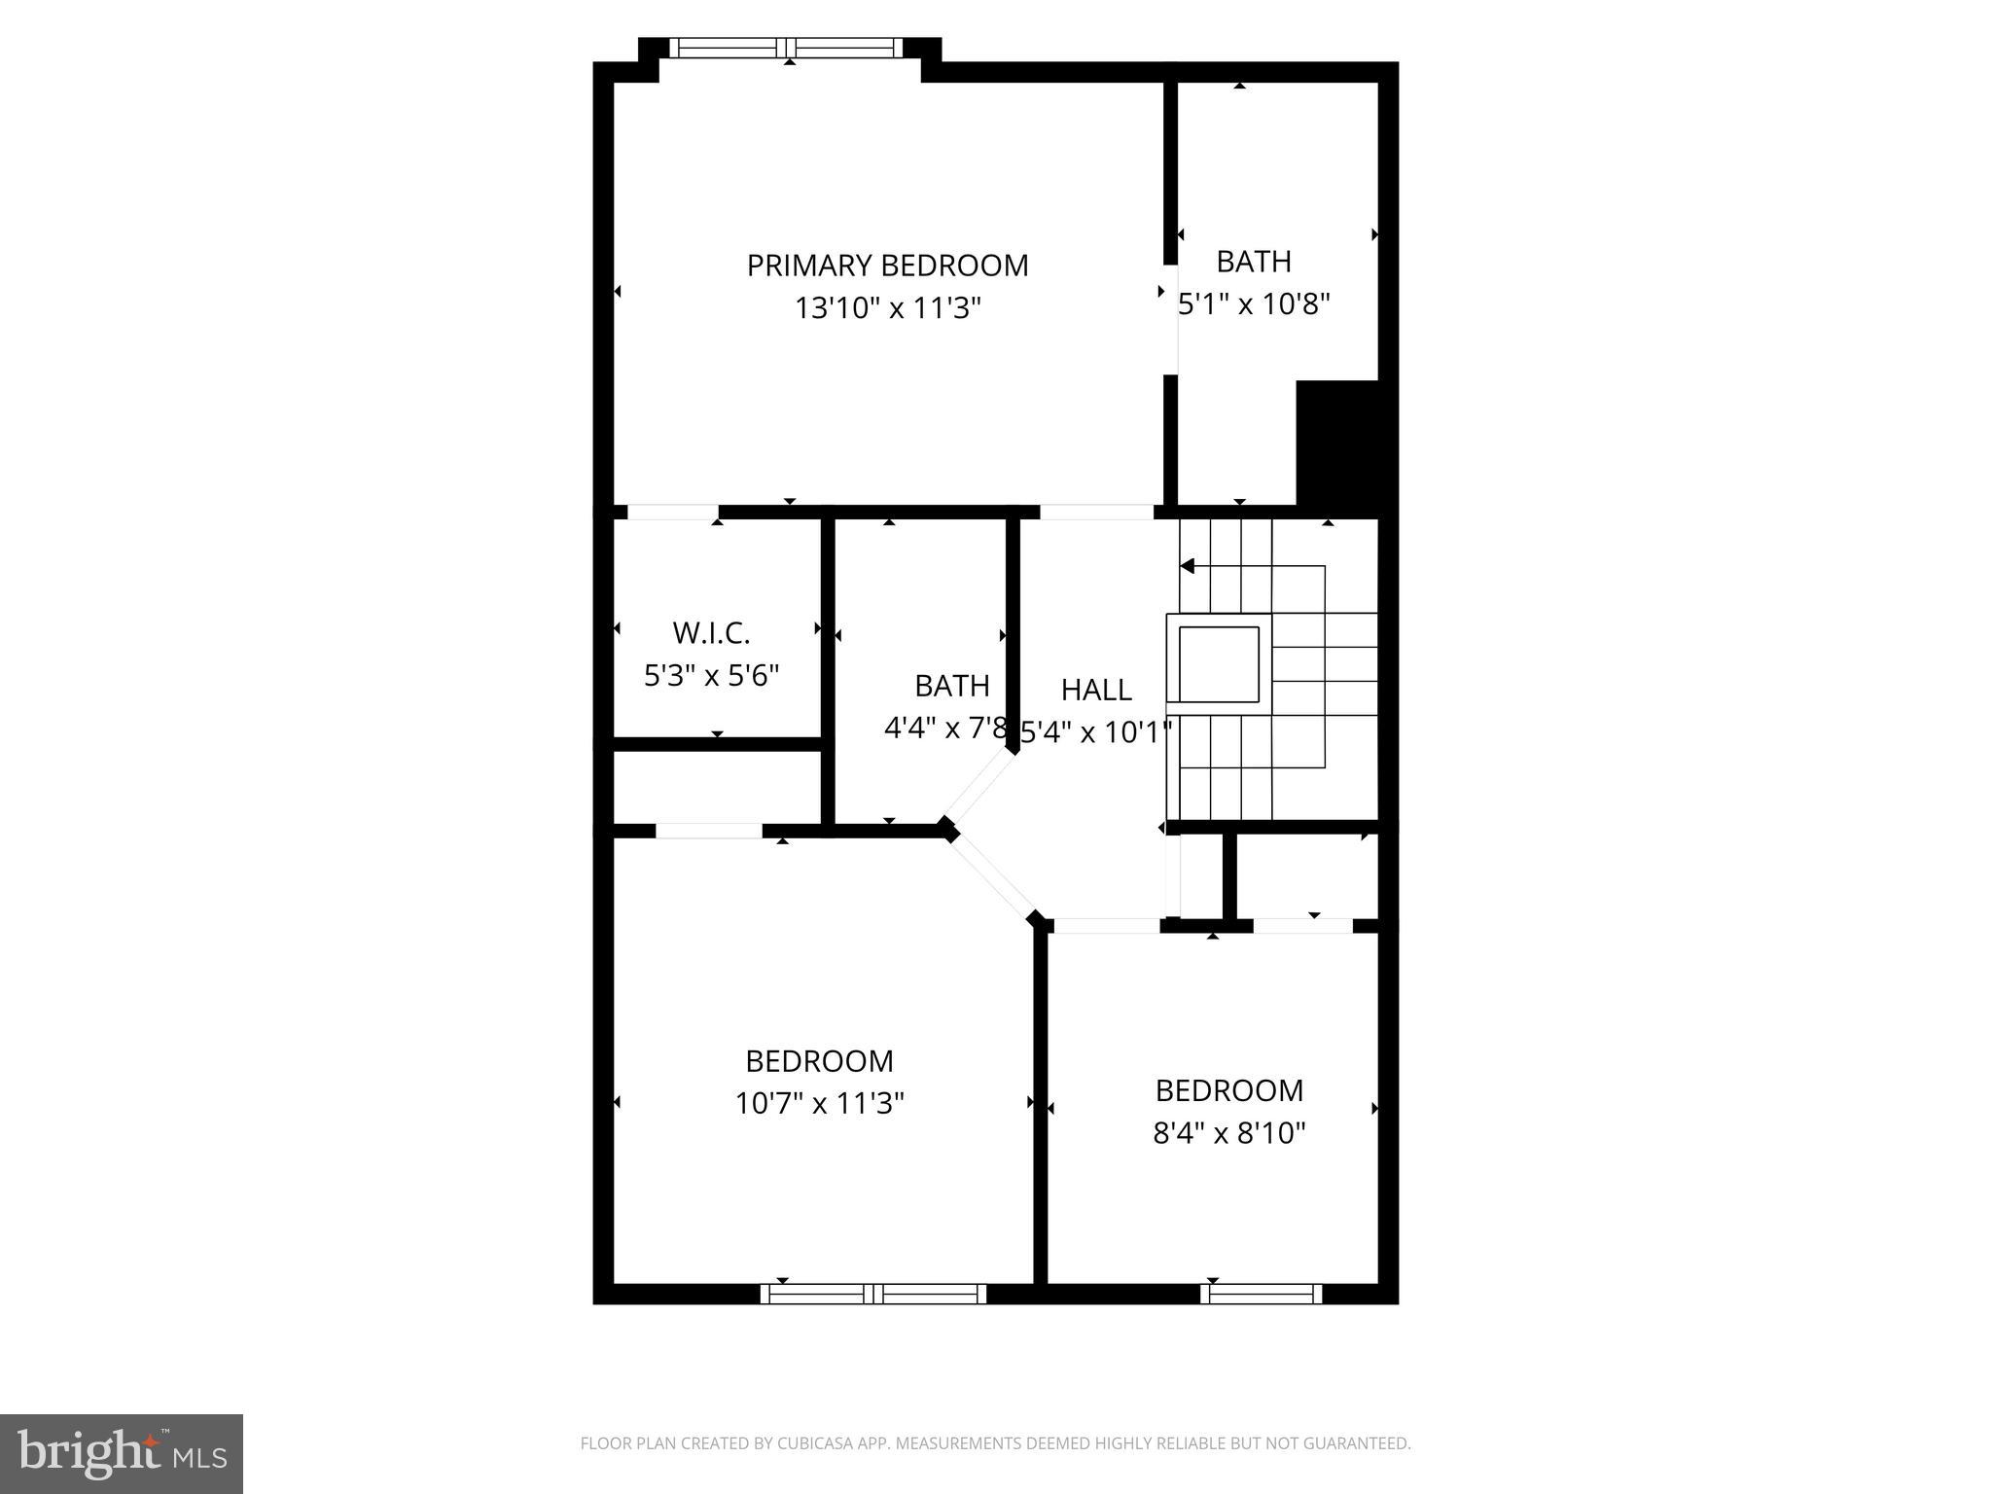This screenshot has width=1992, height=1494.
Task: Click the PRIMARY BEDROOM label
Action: click(887, 266)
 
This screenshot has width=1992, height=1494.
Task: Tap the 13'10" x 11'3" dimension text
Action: click(887, 308)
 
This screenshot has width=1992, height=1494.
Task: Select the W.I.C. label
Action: click(711, 633)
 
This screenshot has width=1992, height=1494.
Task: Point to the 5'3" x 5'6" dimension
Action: click(711, 675)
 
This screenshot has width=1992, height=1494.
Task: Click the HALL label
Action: click(1096, 690)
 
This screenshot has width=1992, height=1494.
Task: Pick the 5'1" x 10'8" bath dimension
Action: click(1254, 304)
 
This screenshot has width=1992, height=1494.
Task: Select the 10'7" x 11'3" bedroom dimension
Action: click(819, 1103)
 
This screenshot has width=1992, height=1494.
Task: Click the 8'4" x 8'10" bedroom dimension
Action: click(1228, 1133)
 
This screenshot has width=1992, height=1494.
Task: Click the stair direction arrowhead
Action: click(1187, 566)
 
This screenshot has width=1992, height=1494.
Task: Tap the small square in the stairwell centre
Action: click(1219, 663)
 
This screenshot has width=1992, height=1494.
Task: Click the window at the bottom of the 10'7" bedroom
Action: click(872, 1294)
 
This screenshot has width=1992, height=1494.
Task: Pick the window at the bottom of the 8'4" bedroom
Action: click(1261, 1294)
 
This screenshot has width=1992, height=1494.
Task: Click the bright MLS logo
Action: click(122, 1453)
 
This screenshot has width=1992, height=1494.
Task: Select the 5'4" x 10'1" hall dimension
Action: click(1096, 732)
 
